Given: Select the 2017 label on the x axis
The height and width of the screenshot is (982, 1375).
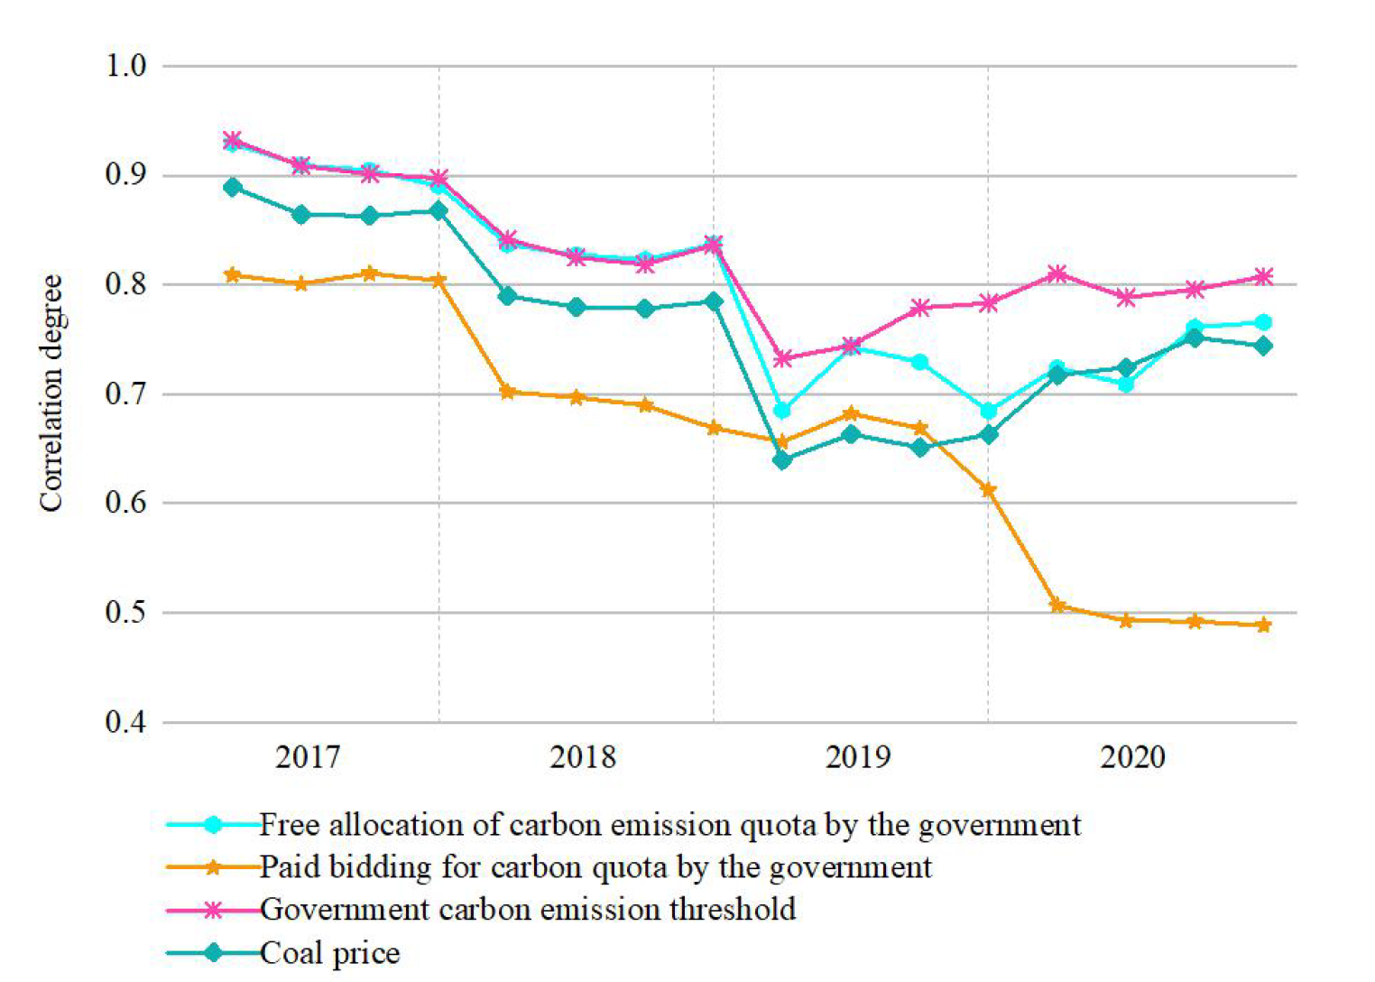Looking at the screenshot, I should click(x=308, y=756).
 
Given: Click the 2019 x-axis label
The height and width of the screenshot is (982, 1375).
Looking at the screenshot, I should click(x=857, y=756).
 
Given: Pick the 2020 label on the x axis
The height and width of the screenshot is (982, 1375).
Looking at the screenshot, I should click(x=1132, y=756).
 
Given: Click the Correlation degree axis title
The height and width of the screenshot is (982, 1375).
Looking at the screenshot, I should click(x=51, y=394).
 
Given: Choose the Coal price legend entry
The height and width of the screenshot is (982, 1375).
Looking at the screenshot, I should click(x=329, y=953).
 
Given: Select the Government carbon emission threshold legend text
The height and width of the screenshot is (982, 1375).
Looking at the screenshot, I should click(x=528, y=909).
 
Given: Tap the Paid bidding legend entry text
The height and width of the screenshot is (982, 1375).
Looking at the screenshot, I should click(x=595, y=867).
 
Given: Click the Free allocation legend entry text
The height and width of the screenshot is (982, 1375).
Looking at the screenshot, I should click(x=669, y=825).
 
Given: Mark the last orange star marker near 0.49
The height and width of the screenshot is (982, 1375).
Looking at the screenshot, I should click(x=1264, y=625).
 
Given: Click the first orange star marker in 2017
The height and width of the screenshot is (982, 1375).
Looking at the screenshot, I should click(x=233, y=274).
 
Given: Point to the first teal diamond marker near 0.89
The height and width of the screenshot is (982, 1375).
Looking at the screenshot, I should click(x=233, y=188).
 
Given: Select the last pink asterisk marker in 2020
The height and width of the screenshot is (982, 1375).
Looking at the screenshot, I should click(x=1264, y=277).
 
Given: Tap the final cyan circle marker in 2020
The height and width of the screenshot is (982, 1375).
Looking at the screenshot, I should click(x=1264, y=323).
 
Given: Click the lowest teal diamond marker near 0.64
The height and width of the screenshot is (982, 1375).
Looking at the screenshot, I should click(x=782, y=460).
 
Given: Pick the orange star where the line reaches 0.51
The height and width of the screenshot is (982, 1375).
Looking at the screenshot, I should click(x=1057, y=606).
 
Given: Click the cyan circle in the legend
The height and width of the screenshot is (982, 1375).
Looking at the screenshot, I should click(x=213, y=825).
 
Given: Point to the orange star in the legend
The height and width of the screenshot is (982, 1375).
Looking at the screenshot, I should click(x=213, y=867).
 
